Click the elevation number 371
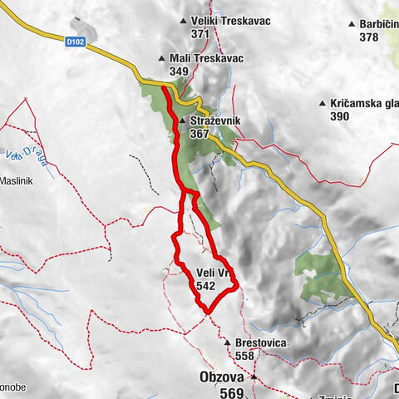(x=199, y=34)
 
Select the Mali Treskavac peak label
(x=197, y=59)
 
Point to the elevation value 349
(x=179, y=72)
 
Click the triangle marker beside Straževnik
(x=183, y=121)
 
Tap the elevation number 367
(x=200, y=134)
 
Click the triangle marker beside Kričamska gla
(x=323, y=104)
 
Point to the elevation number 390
(x=340, y=117)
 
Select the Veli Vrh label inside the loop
(x=214, y=273)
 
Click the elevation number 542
(x=207, y=285)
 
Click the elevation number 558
(x=244, y=355)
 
